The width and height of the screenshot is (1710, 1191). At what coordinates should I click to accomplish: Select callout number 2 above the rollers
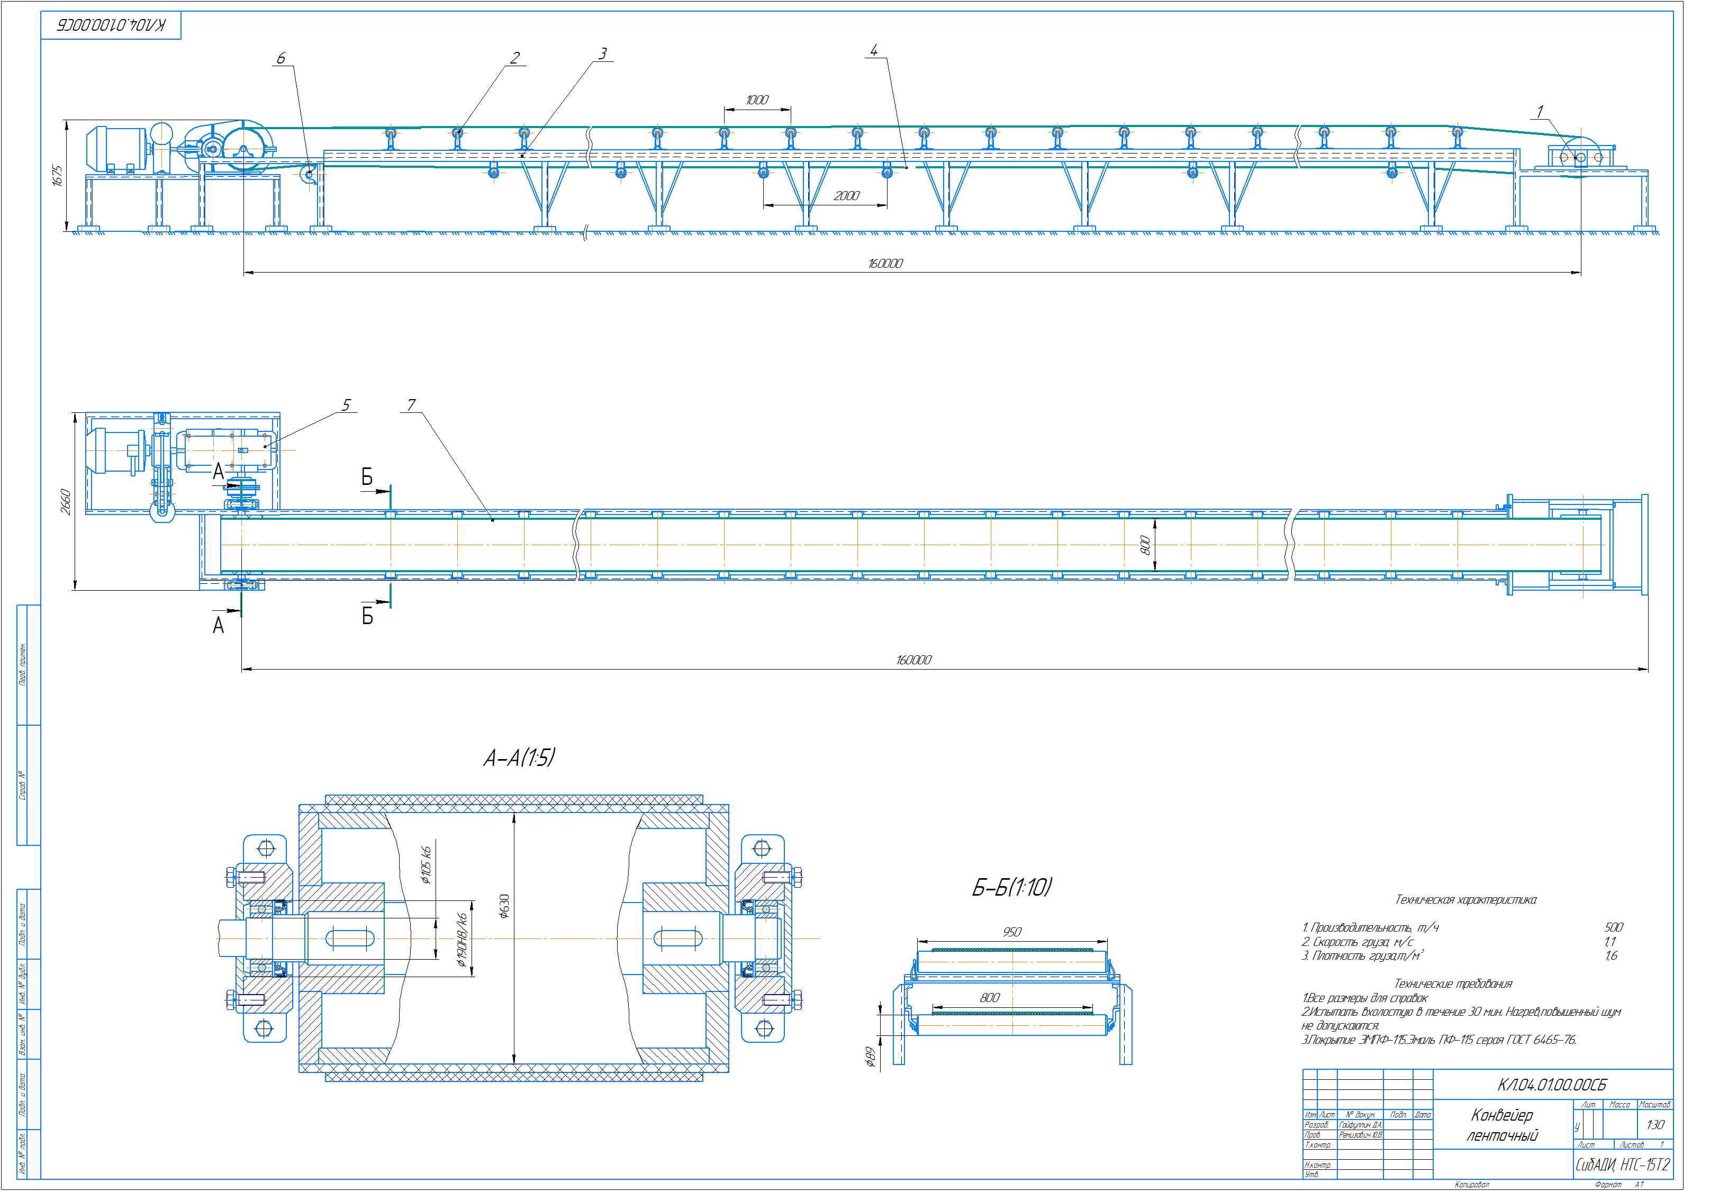click(x=514, y=57)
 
